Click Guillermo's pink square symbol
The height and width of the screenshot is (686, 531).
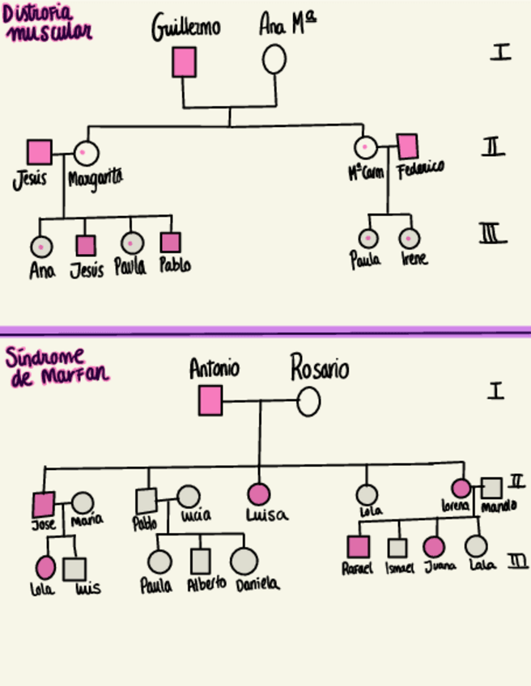pos(184,62)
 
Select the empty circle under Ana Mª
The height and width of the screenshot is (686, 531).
pos(274,60)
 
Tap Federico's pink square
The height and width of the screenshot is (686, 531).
pos(408,146)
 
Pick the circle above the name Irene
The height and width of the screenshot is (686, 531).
pos(410,239)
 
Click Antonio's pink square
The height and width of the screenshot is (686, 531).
pos(210,400)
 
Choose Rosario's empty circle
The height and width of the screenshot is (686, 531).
pos(308,401)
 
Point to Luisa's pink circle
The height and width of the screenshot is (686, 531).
pos(258,493)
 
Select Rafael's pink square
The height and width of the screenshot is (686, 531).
pos(357,547)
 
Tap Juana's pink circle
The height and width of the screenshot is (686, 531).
pos(434,547)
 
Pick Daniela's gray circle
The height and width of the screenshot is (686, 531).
pos(244,561)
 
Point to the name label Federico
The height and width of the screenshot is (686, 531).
pos(420,169)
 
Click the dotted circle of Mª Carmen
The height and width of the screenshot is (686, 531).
pos(366,147)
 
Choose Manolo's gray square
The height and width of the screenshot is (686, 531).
pos(491,488)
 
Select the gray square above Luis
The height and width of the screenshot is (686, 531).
pos(74,570)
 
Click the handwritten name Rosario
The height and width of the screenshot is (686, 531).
pos(320,370)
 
